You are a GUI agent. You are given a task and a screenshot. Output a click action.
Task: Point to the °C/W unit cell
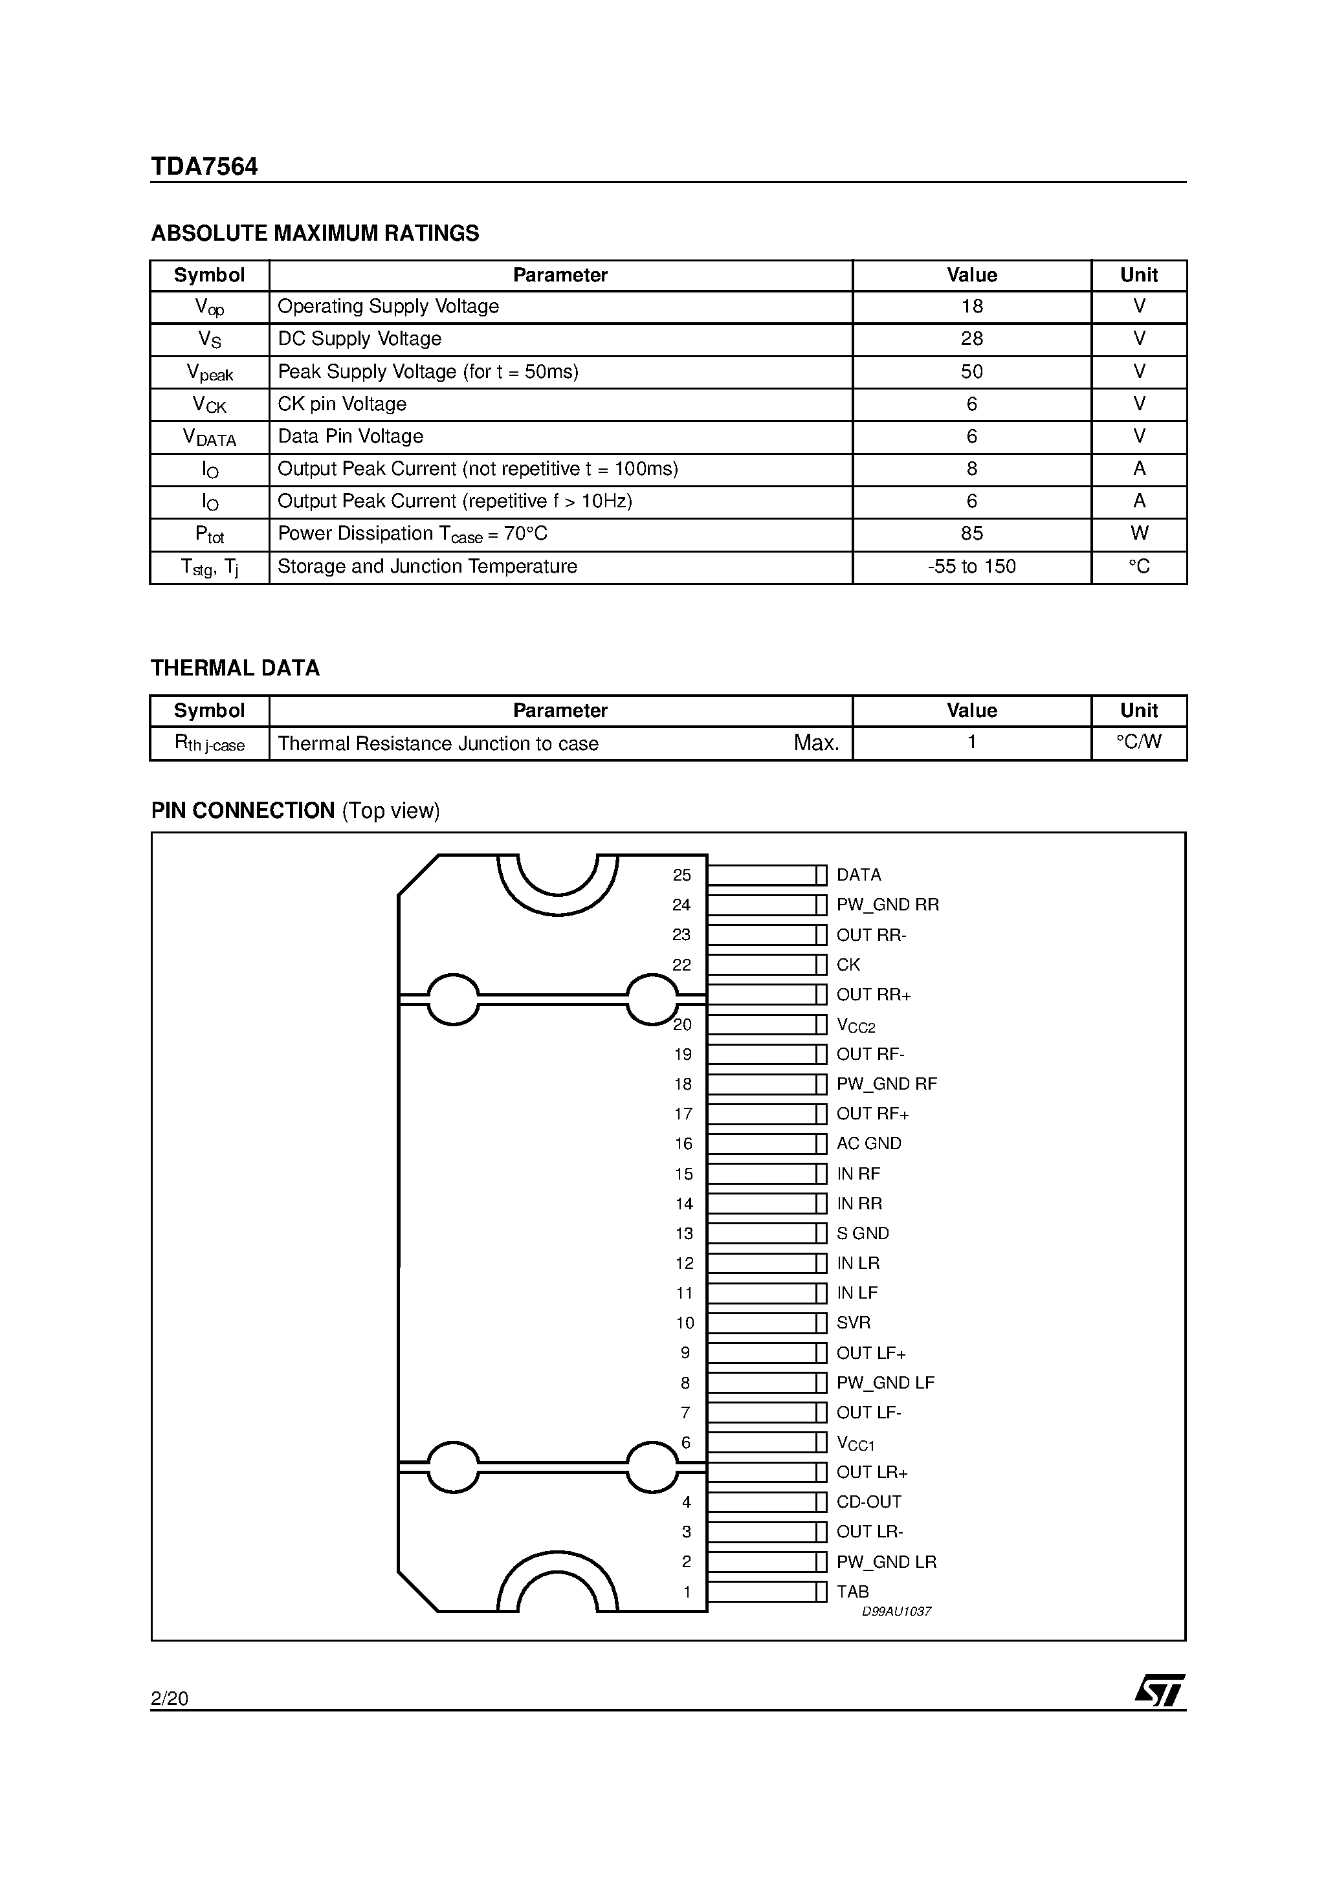pyautogui.click(x=1138, y=742)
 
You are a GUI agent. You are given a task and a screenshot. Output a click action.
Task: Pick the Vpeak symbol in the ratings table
pyautogui.click(x=210, y=373)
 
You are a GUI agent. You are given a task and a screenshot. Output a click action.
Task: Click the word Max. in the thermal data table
pyautogui.click(x=816, y=743)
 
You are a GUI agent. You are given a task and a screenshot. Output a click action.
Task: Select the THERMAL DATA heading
pyautogui.click(x=235, y=668)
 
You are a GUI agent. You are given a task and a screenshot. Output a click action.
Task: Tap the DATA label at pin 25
pyautogui.click(x=858, y=875)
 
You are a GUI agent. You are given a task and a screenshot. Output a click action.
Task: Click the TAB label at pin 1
pyautogui.click(x=852, y=1592)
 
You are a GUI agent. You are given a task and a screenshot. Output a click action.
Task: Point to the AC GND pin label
pyautogui.click(x=869, y=1144)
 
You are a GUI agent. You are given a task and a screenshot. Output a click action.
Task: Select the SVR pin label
pyautogui.click(x=853, y=1323)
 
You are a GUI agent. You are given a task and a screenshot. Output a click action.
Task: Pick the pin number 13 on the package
pyautogui.click(x=684, y=1233)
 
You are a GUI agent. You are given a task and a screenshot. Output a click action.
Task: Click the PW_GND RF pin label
pyautogui.click(x=886, y=1084)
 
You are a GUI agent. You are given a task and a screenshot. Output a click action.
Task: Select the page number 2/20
pyautogui.click(x=170, y=1699)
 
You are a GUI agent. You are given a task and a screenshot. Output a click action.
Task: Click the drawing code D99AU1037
pyautogui.click(x=896, y=1612)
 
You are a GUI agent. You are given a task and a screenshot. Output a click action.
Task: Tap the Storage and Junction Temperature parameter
pyautogui.click(x=427, y=567)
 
